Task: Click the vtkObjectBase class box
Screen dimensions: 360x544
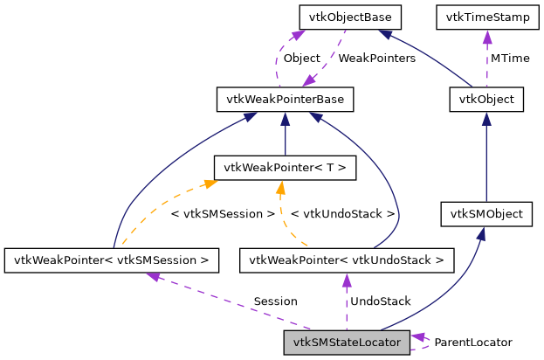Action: (x=349, y=17)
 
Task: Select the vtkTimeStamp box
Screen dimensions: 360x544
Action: (x=485, y=17)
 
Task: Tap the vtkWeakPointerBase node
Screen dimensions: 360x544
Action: (x=285, y=100)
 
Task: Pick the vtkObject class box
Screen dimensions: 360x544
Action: (x=486, y=100)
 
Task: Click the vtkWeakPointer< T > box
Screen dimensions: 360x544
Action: (x=285, y=167)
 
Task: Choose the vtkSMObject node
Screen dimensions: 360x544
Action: (x=486, y=212)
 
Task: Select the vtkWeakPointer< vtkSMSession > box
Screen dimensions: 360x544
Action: (x=111, y=260)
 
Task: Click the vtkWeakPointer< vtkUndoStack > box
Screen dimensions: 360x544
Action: (x=347, y=260)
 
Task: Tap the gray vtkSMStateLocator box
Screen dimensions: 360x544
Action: (x=347, y=343)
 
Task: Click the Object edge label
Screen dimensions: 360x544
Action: (x=302, y=59)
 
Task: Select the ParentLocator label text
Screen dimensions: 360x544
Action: (x=473, y=343)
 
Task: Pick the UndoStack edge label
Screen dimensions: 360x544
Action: (x=380, y=301)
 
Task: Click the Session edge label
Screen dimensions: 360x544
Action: (x=275, y=301)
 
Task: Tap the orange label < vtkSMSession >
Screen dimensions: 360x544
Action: (x=223, y=213)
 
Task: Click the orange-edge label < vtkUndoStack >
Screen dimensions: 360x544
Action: (x=342, y=213)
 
